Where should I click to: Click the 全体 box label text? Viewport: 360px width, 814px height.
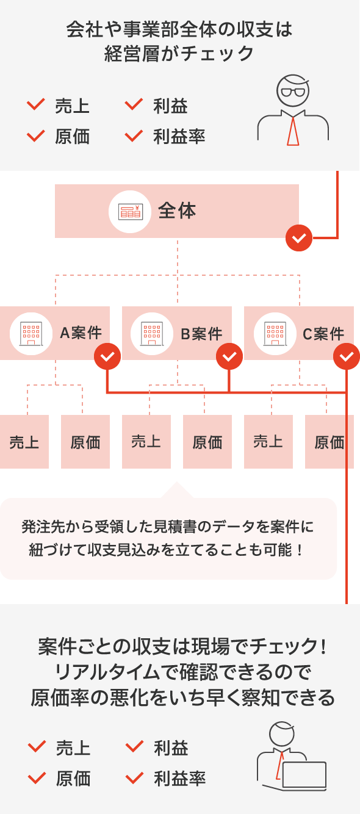[177, 211]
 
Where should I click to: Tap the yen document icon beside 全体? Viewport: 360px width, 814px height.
[130, 211]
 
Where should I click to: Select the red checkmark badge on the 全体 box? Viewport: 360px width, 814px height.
[299, 238]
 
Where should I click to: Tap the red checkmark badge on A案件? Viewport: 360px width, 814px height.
[107, 357]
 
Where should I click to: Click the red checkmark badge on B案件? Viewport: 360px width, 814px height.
[229, 357]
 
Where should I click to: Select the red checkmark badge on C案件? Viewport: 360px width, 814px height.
[347, 357]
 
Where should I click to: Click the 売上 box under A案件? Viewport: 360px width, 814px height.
[24, 442]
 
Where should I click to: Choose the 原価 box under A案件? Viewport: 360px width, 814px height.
[85, 442]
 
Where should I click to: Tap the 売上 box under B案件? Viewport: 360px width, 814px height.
[146, 442]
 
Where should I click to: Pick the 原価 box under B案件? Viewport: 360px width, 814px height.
[207, 442]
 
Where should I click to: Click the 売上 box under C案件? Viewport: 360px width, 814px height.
[268, 442]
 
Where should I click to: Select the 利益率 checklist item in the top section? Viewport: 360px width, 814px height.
[179, 137]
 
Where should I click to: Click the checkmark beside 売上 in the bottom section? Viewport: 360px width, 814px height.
[37, 747]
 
